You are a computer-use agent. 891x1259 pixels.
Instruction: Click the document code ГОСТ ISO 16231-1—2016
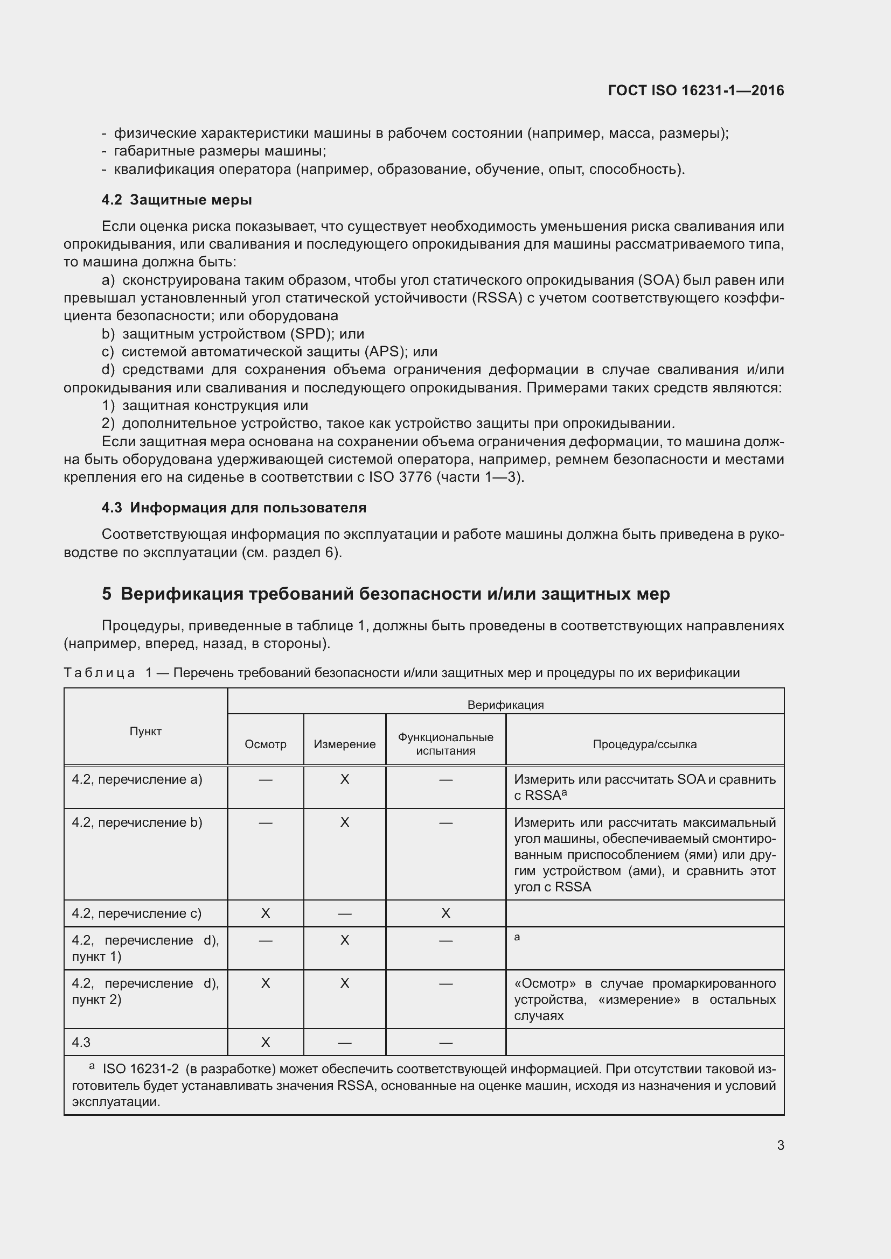coord(695,90)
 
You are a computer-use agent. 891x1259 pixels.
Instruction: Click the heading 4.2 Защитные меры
coord(177,200)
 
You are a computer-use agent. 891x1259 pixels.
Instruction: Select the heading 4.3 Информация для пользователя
coord(234,507)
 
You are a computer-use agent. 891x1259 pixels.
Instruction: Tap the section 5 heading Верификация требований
coord(385,594)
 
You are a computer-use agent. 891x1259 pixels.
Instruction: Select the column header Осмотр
coord(266,744)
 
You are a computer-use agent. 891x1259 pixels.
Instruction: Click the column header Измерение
coord(345,744)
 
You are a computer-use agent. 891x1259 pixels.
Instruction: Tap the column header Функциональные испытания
coord(445,744)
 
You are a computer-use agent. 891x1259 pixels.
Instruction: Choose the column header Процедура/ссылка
coord(645,744)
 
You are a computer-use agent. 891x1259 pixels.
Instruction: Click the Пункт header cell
coord(145,731)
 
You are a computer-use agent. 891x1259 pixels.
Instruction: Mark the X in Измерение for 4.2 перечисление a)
coord(345,779)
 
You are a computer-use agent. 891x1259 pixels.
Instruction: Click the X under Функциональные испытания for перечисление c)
coord(445,913)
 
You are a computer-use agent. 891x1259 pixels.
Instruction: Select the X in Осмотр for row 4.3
coord(266,1043)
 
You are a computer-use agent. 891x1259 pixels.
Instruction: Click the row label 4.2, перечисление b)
coord(137,822)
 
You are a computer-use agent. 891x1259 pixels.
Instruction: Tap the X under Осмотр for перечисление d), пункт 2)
coord(266,983)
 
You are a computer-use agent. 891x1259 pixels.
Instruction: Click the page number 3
coord(780,1145)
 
